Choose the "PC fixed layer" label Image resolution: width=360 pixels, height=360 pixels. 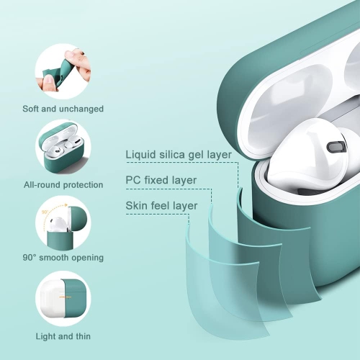(161, 180)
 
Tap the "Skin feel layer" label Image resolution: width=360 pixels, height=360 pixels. (161, 206)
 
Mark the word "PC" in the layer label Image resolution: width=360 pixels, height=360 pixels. (133, 180)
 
